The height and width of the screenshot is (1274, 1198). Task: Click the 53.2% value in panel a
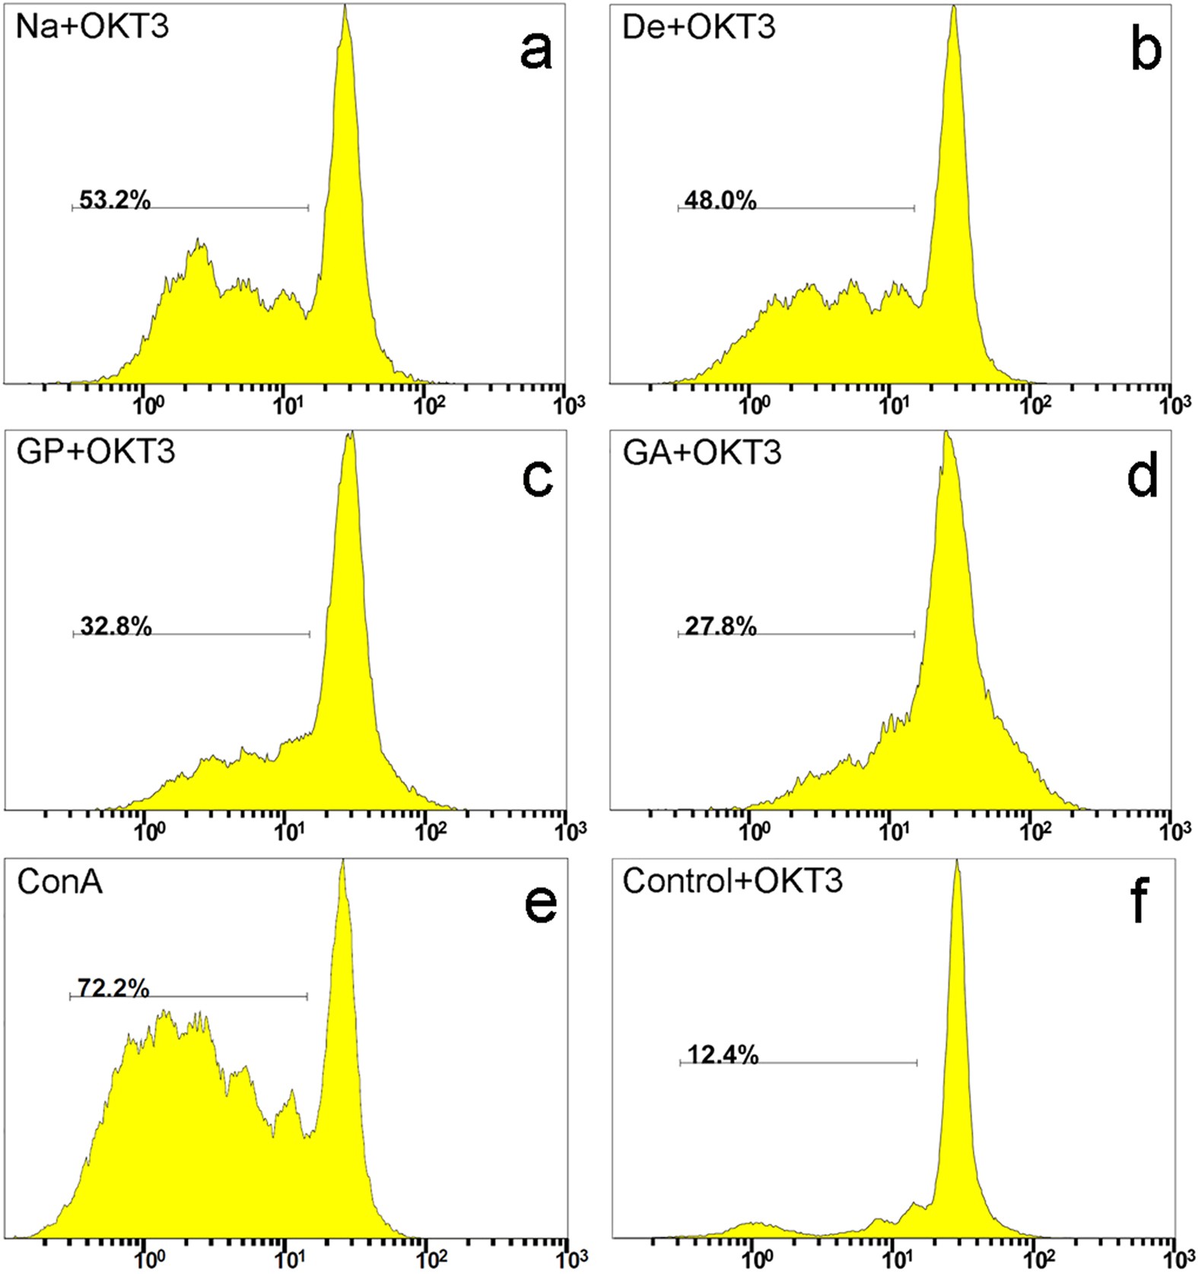(x=115, y=201)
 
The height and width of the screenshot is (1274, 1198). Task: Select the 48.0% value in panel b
(x=720, y=201)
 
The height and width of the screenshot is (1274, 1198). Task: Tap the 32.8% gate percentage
(x=116, y=627)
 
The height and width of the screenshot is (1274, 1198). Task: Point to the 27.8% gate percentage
(x=720, y=627)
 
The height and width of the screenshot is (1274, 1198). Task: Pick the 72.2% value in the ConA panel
(x=113, y=988)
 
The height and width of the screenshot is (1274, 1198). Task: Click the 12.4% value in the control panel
(x=723, y=1055)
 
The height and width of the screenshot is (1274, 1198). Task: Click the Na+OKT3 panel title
(x=92, y=27)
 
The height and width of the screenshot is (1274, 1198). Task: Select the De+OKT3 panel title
(x=698, y=27)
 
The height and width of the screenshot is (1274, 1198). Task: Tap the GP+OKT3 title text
(x=96, y=452)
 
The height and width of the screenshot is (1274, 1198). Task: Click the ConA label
(x=59, y=882)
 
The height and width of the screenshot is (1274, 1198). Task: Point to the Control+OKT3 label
(x=732, y=882)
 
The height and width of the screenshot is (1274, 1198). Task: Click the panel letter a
(x=535, y=52)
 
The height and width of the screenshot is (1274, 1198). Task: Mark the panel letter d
(x=1142, y=477)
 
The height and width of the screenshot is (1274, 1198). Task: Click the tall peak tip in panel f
(x=957, y=865)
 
